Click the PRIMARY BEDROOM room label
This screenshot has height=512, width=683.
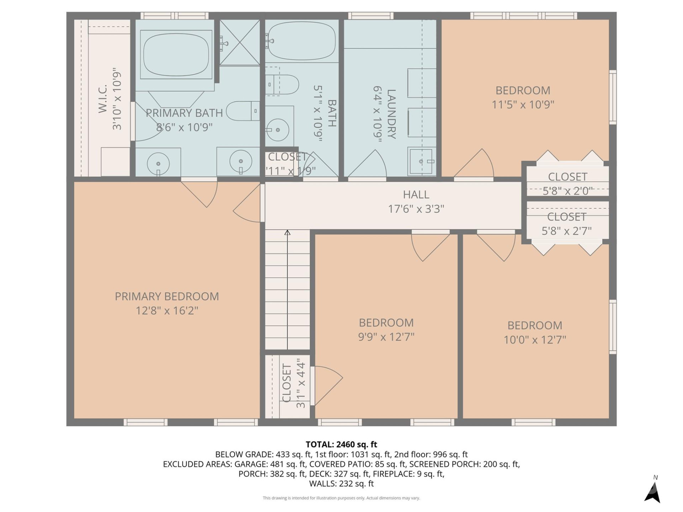pos(166,296)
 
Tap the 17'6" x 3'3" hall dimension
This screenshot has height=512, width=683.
pos(416,209)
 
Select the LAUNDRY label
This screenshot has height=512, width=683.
pos(391,114)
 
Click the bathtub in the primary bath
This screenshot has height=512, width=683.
pos(176,54)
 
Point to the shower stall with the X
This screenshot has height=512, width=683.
pos(240,43)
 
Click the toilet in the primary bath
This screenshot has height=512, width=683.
pos(242,111)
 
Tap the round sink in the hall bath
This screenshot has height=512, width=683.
pos(278,130)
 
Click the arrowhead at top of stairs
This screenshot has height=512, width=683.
pos(287,233)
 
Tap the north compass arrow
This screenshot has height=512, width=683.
pos(653,492)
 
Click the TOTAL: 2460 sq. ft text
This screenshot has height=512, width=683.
pos(341,444)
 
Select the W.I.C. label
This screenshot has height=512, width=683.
pos(103,99)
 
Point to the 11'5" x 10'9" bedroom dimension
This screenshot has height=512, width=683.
pos(523,105)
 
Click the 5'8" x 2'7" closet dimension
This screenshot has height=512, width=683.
pos(566,231)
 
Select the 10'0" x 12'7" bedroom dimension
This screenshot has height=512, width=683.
pos(534,340)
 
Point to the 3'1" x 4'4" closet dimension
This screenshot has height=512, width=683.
pos(301,383)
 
